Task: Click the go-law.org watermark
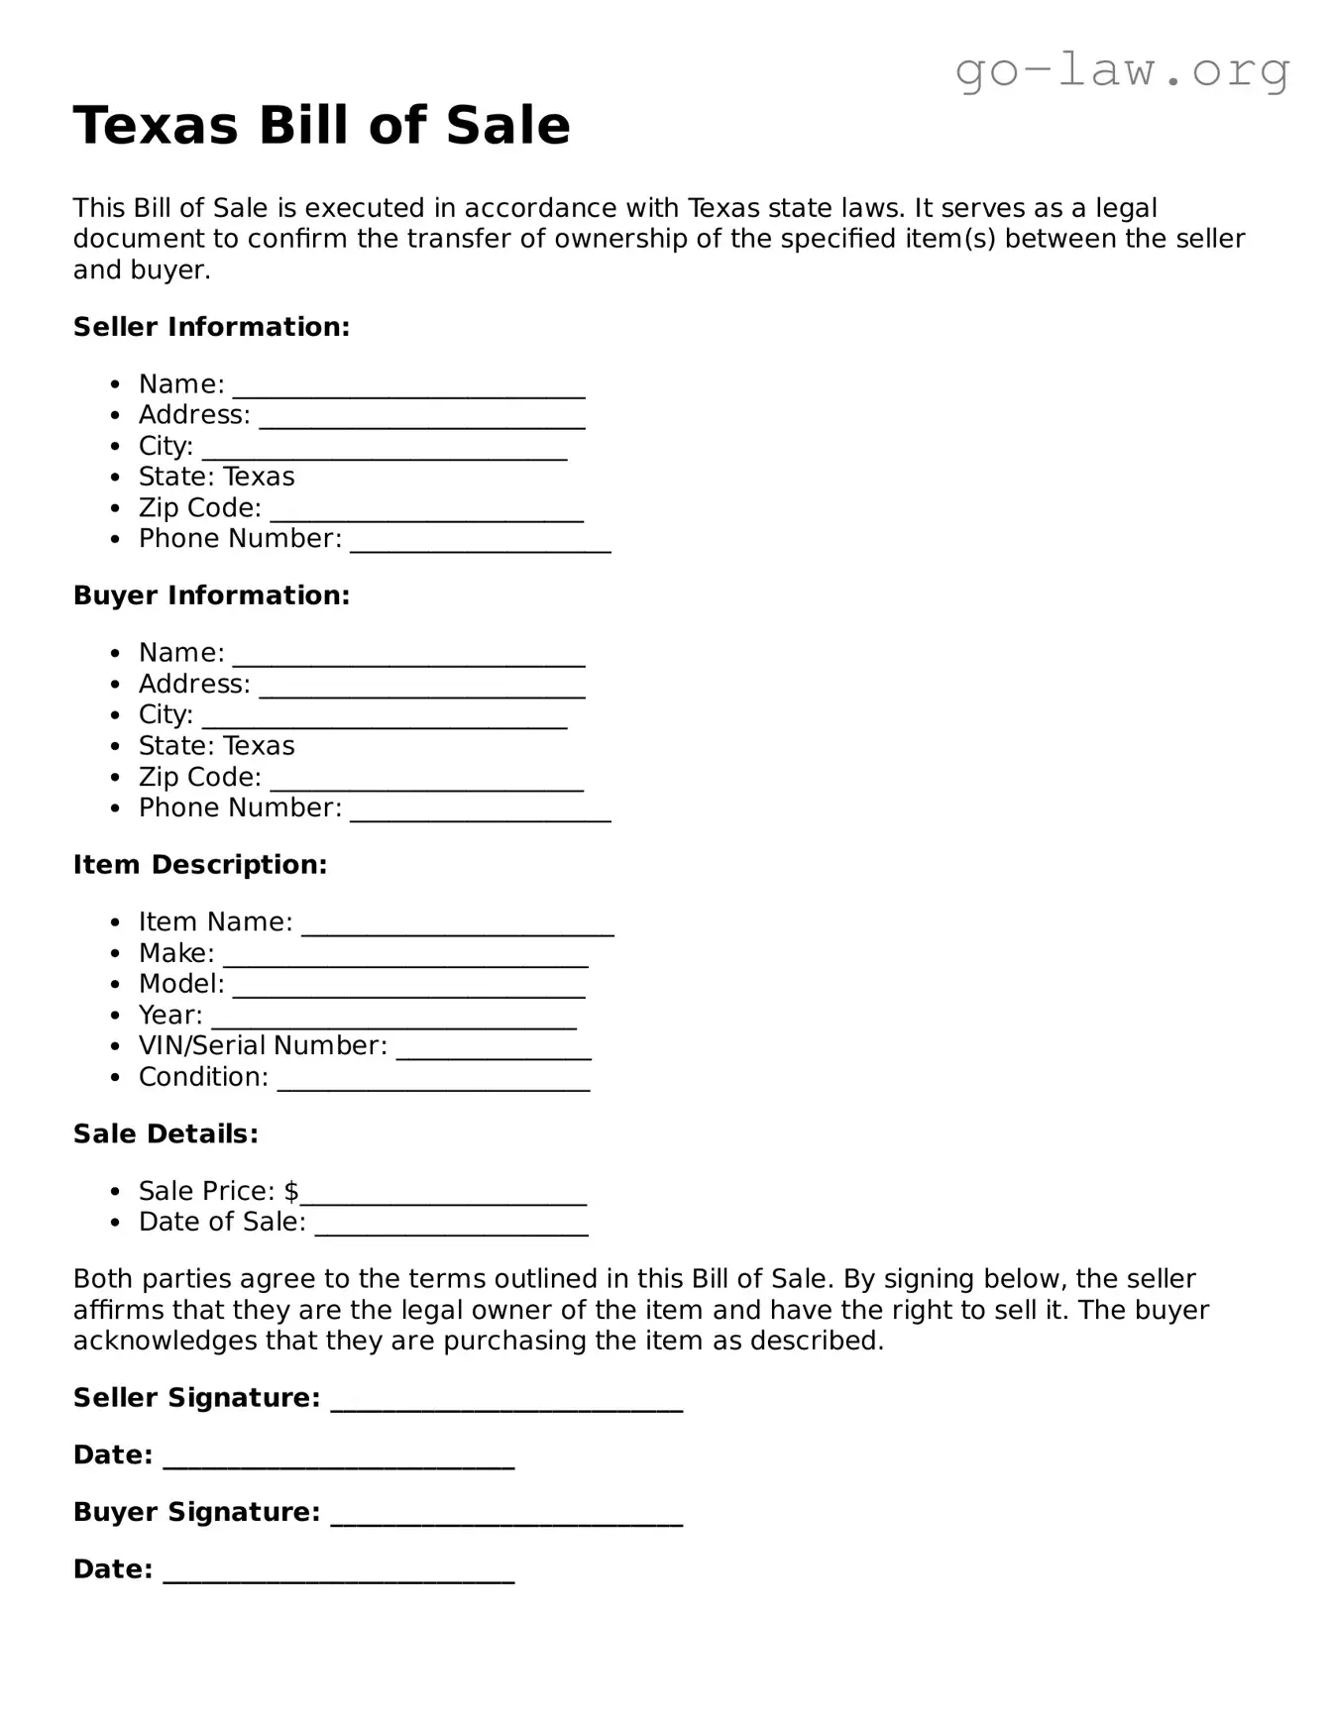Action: click(x=1122, y=70)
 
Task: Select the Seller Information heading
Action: click(x=211, y=327)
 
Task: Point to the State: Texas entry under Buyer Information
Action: click(x=216, y=745)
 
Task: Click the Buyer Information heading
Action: click(x=211, y=595)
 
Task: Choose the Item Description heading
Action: click(x=199, y=865)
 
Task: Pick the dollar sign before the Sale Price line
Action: click(x=291, y=1191)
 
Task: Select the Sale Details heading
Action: click(x=166, y=1133)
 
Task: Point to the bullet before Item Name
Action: click(x=117, y=922)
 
